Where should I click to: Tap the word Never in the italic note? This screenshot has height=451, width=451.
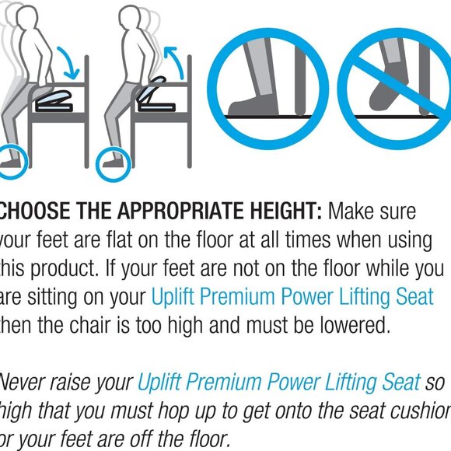point(22,382)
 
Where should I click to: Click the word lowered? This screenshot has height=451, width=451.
point(349,325)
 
